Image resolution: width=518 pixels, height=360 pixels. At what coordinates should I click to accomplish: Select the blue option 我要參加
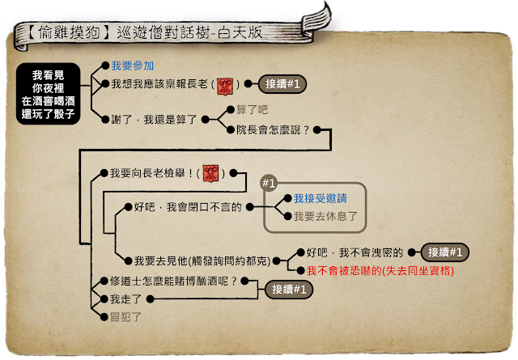132,66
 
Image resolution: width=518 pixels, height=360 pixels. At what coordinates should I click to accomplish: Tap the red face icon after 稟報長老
225,83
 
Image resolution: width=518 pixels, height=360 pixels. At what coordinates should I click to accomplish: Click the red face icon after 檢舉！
211,172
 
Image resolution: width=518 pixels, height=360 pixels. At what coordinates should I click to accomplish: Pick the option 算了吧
251,109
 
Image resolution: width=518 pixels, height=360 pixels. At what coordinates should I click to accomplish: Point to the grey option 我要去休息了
325,216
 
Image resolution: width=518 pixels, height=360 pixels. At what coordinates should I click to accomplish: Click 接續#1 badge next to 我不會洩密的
446,252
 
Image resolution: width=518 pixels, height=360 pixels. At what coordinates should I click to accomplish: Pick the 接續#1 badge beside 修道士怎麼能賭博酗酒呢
288,289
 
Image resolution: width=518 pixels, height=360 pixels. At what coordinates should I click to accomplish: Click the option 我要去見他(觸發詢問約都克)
200,260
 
